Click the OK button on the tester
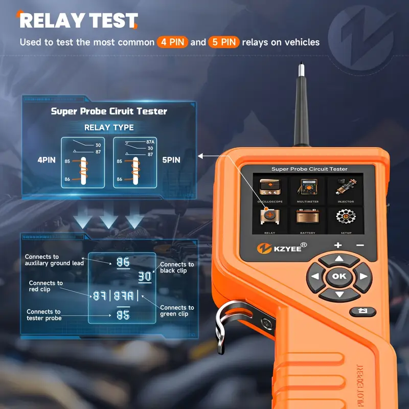click(x=338, y=276)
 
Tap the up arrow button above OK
click(x=338, y=260)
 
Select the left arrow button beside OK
click(x=315, y=277)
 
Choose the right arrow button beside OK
click(x=362, y=277)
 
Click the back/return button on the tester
click(x=362, y=311)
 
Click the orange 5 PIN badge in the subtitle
click(x=223, y=42)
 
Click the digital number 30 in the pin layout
click(x=145, y=277)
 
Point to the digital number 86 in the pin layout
click(x=123, y=262)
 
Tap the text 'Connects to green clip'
click(x=177, y=311)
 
